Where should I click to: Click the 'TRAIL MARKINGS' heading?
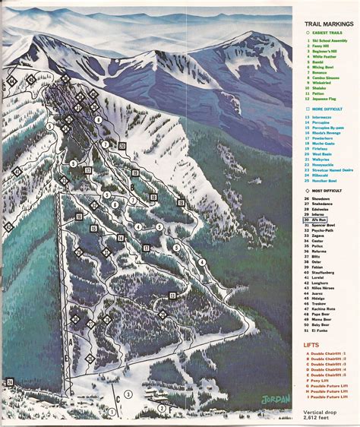[x=321, y=24]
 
